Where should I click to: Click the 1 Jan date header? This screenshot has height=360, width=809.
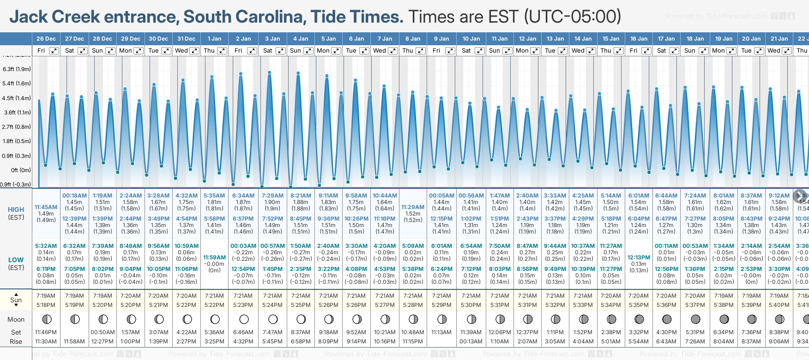214,39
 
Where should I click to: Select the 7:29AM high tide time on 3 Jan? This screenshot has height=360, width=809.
272,196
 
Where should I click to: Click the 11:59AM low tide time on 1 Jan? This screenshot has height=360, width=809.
214,258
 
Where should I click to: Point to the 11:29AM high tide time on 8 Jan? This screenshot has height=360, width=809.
413,207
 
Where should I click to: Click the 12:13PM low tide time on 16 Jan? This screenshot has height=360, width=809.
639,258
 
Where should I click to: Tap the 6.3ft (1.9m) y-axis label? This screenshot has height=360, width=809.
17,69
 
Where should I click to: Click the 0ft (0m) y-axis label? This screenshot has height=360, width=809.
21,170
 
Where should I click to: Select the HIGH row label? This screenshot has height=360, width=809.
16,210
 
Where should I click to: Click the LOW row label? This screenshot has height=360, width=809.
16,260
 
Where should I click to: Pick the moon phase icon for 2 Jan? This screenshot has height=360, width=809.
244,319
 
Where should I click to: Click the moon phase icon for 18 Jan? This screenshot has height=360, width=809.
695,319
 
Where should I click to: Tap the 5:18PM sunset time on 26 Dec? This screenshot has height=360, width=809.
46,305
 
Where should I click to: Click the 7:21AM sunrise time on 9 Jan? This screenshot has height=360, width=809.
441,296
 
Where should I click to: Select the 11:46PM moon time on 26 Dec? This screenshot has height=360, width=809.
46,332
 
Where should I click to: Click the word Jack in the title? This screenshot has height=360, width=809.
29,17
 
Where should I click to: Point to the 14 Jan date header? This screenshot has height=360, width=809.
583,39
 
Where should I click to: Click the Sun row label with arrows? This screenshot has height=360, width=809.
16,300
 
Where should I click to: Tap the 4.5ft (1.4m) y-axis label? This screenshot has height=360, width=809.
17,98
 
